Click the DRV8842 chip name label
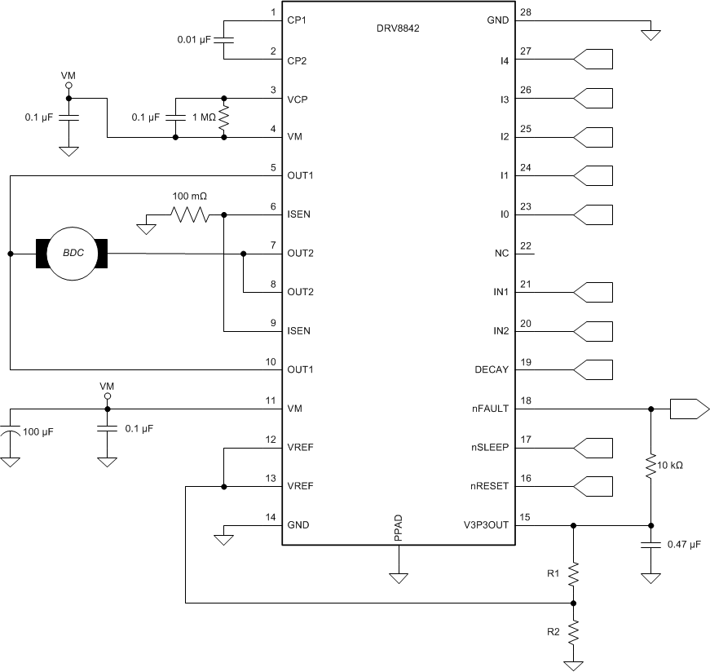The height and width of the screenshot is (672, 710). [397, 27]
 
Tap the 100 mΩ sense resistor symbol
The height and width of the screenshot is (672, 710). [189, 215]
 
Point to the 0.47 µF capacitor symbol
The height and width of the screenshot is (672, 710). [650, 546]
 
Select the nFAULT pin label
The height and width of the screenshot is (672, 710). [490, 409]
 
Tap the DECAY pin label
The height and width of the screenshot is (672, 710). [492, 369]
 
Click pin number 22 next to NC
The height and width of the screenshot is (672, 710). [525, 246]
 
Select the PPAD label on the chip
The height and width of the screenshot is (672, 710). [399, 528]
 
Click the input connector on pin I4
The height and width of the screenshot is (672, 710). [593, 59]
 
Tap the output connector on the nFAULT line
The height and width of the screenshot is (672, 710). [687, 409]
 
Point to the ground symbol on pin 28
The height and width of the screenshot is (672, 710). [650, 34]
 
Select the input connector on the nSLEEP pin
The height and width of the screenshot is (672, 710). [593, 448]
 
